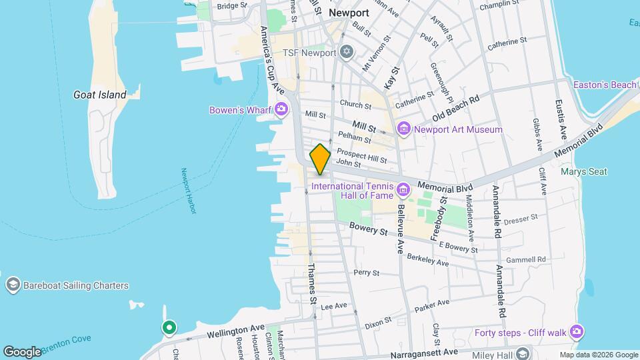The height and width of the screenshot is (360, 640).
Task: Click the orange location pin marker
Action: coord(321,159)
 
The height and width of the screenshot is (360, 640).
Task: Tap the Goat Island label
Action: coord(100,95)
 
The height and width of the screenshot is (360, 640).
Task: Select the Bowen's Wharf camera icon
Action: coord(281,109)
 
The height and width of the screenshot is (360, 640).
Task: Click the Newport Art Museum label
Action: coord(458,129)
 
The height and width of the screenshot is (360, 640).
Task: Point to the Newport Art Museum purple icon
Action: coord(403,129)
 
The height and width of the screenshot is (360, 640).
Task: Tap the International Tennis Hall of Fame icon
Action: coord(403,191)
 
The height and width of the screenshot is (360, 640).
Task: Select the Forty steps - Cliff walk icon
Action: coord(577,332)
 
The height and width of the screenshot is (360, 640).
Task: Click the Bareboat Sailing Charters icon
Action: coord(12,285)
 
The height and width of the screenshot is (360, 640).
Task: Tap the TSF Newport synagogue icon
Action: coord(345,52)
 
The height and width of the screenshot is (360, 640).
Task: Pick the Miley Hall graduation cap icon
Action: coord(523,353)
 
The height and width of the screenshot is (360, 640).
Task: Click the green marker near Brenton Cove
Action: coord(169,327)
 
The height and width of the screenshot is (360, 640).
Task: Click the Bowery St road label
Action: coord(369,229)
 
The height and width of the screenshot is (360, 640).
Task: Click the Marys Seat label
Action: coord(584,171)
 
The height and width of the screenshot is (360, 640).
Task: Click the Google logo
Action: coord(22,351)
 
